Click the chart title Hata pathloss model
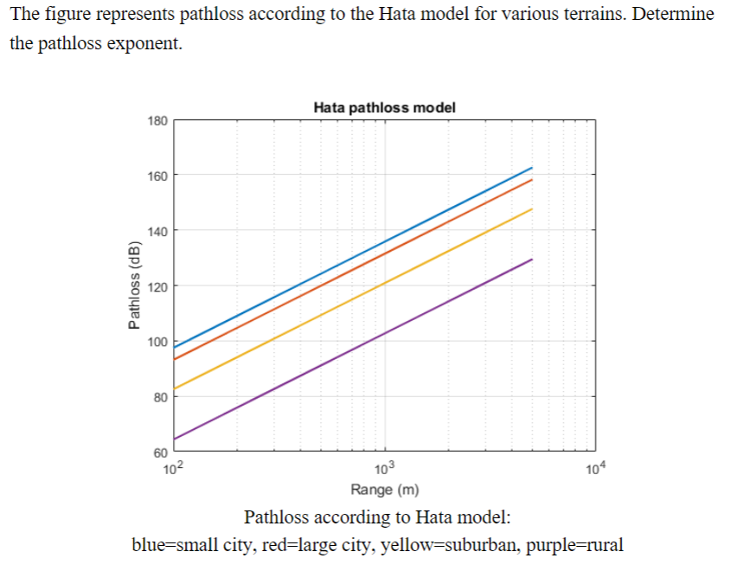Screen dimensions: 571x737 click(x=384, y=108)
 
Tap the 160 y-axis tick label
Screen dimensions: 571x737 click(x=157, y=175)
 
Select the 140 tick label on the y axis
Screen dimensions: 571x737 click(x=157, y=230)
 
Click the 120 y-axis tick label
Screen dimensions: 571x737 click(x=157, y=285)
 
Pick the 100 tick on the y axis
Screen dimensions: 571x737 click(x=157, y=341)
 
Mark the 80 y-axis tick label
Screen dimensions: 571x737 click(x=159, y=396)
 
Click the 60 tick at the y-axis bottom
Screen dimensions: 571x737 click(x=159, y=452)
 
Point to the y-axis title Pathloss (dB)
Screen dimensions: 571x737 click(x=134, y=286)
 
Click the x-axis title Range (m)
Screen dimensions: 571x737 click(x=384, y=491)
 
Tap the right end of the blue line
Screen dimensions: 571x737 click(x=532, y=168)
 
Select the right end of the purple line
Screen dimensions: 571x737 click(x=532, y=260)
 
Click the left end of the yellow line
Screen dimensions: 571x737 click(x=175, y=389)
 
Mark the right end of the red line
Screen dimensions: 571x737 click(x=532, y=180)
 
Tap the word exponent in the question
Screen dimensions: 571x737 click(x=142, y=44)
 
